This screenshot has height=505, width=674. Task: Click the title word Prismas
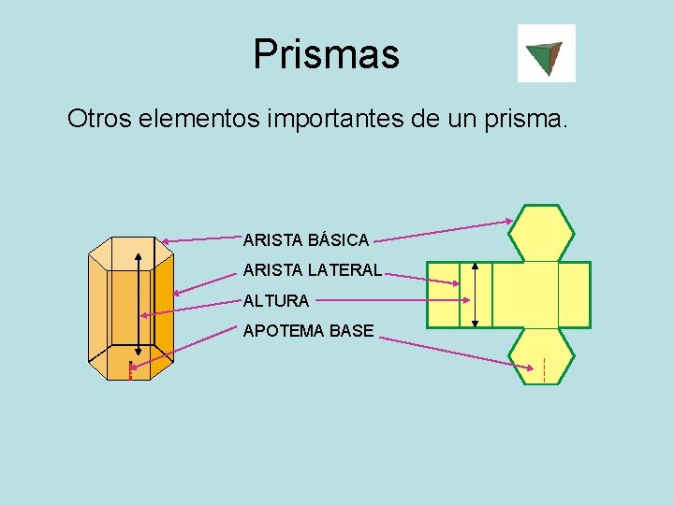[x=326, y=54]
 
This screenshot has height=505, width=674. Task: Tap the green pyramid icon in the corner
[x=546, y=53]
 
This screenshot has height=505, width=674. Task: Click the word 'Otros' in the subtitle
[x=99, y=120]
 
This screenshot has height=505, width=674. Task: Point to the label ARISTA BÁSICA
[x=306, y=240]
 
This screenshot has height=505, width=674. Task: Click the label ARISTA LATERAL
[x=313, y=270]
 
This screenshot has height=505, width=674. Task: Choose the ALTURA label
[x=276, y=301]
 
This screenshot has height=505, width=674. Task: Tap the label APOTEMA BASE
[x=308, y=331]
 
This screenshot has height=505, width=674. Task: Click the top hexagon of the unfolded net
[x=541, y=233]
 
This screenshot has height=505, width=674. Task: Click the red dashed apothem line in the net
[x=544, y=369]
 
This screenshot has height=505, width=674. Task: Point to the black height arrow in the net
[x=476, y=295]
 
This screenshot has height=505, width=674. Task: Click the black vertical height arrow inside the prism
[x=139, y=299]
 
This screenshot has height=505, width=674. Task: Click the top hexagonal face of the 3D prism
[x=131, y=252]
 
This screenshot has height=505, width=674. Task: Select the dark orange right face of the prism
[x=163, y=309]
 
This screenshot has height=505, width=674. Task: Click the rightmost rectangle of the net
[x=574, y=295]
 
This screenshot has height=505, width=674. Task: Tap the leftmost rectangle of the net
[x=443, y=295]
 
